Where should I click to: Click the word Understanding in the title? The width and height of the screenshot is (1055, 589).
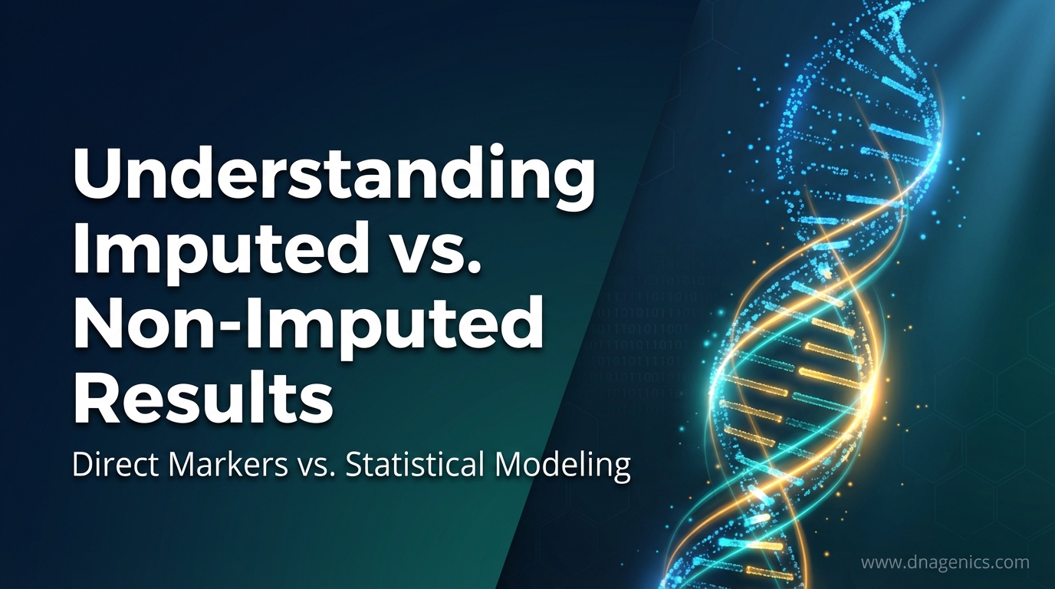click(x=334, y=178)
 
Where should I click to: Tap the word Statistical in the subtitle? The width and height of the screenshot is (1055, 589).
click(x=415, y=466)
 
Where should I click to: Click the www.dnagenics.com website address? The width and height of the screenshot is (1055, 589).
click(x=945, y=562)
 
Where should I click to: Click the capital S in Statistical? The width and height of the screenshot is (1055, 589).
click(x=354, y=466)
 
